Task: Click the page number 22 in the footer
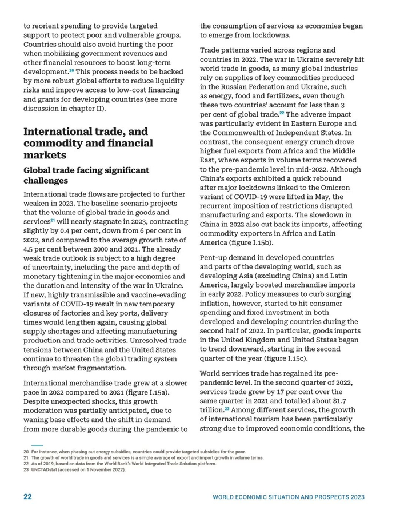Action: click(27, 497)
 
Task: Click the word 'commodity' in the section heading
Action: click(55, 143)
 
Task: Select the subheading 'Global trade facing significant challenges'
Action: click(86, 175)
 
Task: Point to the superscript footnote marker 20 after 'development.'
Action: click(71, 70)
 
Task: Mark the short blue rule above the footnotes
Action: click(37, 445)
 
